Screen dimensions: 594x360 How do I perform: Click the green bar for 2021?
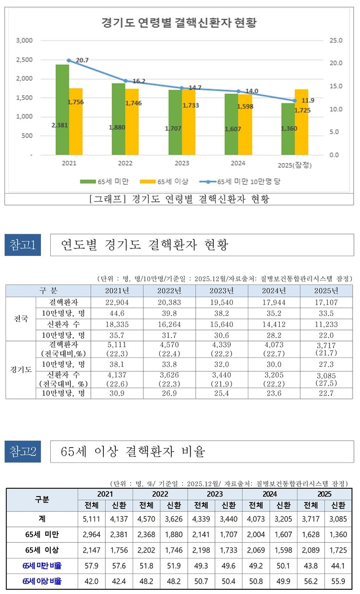(x=62, y=110)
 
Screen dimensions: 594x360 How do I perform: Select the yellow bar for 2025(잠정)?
(x=301, y=122)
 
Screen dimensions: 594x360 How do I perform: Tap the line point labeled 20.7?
(x=69, y=61)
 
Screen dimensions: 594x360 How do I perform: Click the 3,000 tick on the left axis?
(x=24, y=41)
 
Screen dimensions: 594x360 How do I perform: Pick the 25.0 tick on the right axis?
(x=336, y=41)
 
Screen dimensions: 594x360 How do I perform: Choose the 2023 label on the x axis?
(x=182, y=163)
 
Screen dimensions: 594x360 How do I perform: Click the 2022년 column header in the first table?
(x=170, y=291)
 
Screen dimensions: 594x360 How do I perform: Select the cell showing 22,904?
(x=117, y=302)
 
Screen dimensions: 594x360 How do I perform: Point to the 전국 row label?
(x=21, y=319)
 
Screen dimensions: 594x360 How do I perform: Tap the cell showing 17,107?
(x=326, y=302)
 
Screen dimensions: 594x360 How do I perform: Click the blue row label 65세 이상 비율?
(x=42, y=582)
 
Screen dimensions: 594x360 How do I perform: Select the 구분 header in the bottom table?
(x=42, y=500)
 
